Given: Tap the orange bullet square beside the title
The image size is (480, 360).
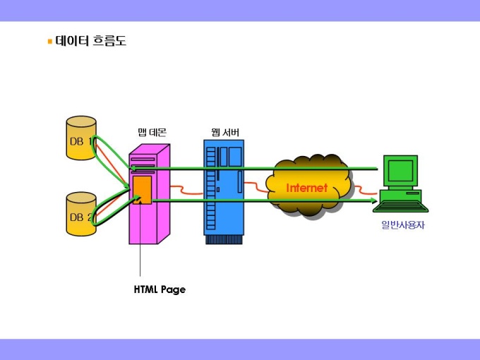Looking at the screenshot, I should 49,42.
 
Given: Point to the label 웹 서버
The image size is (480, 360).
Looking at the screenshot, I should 224,132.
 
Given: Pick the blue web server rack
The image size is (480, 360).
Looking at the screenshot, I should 223,187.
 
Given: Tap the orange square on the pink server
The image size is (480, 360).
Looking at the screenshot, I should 142,189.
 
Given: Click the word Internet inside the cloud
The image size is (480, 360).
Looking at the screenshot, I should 307,188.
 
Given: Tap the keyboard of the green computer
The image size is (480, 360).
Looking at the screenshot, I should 401,207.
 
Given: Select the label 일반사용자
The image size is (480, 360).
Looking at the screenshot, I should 400,225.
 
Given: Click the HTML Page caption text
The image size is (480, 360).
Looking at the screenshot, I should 160,289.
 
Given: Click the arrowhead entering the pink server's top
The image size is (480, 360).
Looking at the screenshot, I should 133,168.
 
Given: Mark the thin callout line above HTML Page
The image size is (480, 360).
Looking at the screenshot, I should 140,247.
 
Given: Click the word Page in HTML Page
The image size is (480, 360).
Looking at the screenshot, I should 172,289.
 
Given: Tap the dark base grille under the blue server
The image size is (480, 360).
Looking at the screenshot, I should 223,239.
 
